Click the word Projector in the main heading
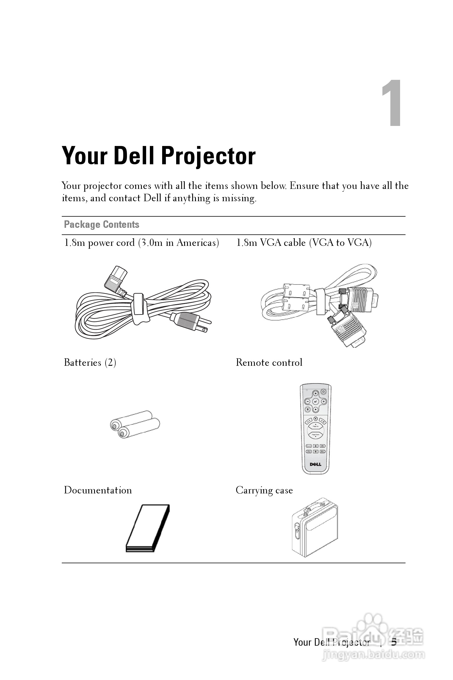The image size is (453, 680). point(208,157)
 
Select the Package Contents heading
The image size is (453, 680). point(102,225)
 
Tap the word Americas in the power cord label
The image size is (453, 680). point(198,243)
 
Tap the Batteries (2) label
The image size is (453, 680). point(90,363)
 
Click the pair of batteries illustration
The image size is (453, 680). point(135,424)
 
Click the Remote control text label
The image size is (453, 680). point(269,363)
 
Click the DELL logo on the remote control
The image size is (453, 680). point(315,464)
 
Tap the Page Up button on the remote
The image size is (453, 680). point(315,426)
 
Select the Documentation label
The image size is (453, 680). point(98,490)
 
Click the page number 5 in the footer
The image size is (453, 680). point(394,643)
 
